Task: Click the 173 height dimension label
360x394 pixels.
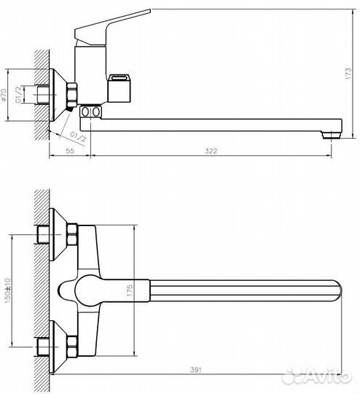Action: coord(348,74)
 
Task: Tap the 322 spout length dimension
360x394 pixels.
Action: coord(211,151)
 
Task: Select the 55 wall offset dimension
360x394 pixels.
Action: coord(70,151)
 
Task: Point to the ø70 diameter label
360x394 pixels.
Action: coord(4,95)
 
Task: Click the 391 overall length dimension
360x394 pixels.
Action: coord(196,370)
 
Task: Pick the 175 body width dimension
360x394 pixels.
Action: coord(130,290)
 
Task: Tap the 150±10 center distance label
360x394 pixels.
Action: coord(7,290)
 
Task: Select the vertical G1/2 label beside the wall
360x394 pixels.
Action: coord(18,94)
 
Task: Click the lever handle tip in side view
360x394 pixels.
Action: coord(149,11)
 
